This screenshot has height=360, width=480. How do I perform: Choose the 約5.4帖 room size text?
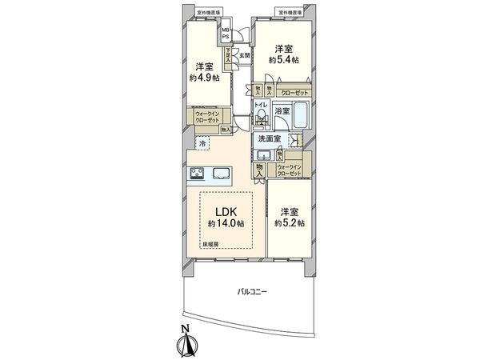point(283,60)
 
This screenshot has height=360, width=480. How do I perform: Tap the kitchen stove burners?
point(197,174)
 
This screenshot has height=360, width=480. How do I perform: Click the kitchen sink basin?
point(221,174)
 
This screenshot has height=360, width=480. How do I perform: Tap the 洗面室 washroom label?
point(268,138)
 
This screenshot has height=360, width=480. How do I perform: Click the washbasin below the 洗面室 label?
point(265,154)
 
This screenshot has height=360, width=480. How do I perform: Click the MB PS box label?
point(226,34)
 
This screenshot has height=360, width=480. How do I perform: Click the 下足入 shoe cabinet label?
point(230,56)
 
